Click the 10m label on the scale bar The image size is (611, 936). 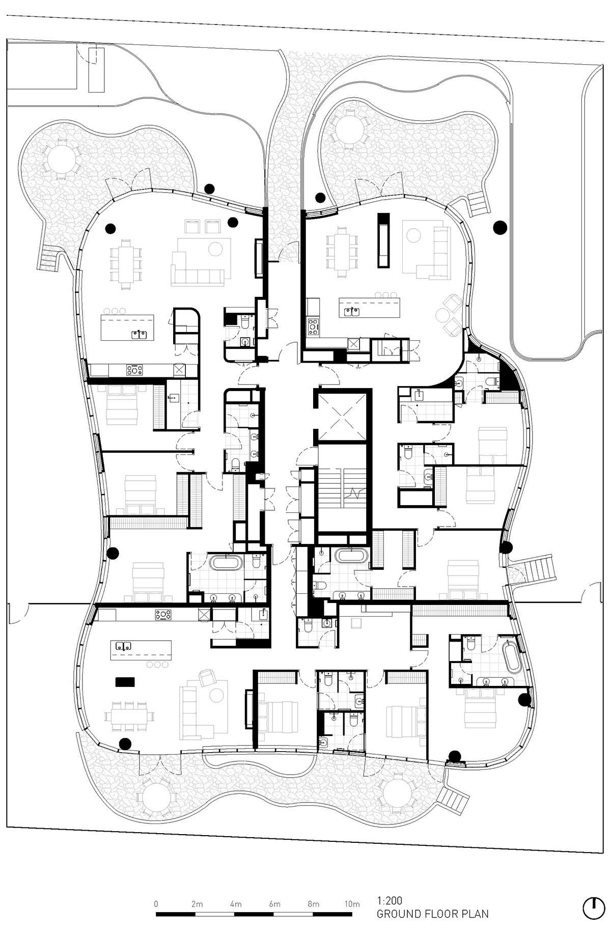click(x=352, y=904)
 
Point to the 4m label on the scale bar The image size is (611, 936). click(x=235, y=904)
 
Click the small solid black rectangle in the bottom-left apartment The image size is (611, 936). click(x=125, y=681)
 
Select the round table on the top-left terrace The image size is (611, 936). click(x=60, y=158)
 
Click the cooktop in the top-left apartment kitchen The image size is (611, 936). click(x=134, y=369)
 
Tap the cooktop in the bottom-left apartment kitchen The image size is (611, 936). click(x=163, y=615)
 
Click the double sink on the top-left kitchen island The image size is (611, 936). click(x=140, y=334)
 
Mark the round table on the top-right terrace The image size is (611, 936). click(x=349, y=130)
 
